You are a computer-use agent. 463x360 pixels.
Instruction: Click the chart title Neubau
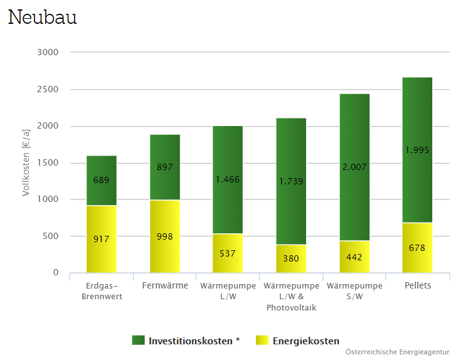tap(42, 17)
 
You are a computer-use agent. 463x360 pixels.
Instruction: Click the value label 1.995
tap(417, 150)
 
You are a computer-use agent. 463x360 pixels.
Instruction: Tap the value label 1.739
tap(291, 181)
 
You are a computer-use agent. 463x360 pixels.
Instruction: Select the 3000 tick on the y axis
tap(48, 52)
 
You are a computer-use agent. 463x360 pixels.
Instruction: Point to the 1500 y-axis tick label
tap(48, 163)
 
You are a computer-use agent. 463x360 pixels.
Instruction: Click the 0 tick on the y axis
tap(56, 273)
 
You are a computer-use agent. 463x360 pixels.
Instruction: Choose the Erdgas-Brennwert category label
tap(102, 291)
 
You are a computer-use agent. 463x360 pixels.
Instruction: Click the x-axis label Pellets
tap(417, 286)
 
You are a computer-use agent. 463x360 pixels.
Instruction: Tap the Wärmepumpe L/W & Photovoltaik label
tap(291, 297)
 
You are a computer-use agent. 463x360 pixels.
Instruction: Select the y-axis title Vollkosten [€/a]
tap(26, 162)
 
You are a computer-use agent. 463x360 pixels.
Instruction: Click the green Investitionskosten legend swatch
tap(138, 340)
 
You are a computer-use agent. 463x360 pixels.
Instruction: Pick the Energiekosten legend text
tap(306, 341)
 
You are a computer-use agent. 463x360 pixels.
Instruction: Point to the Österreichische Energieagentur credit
tap(398, 352)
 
